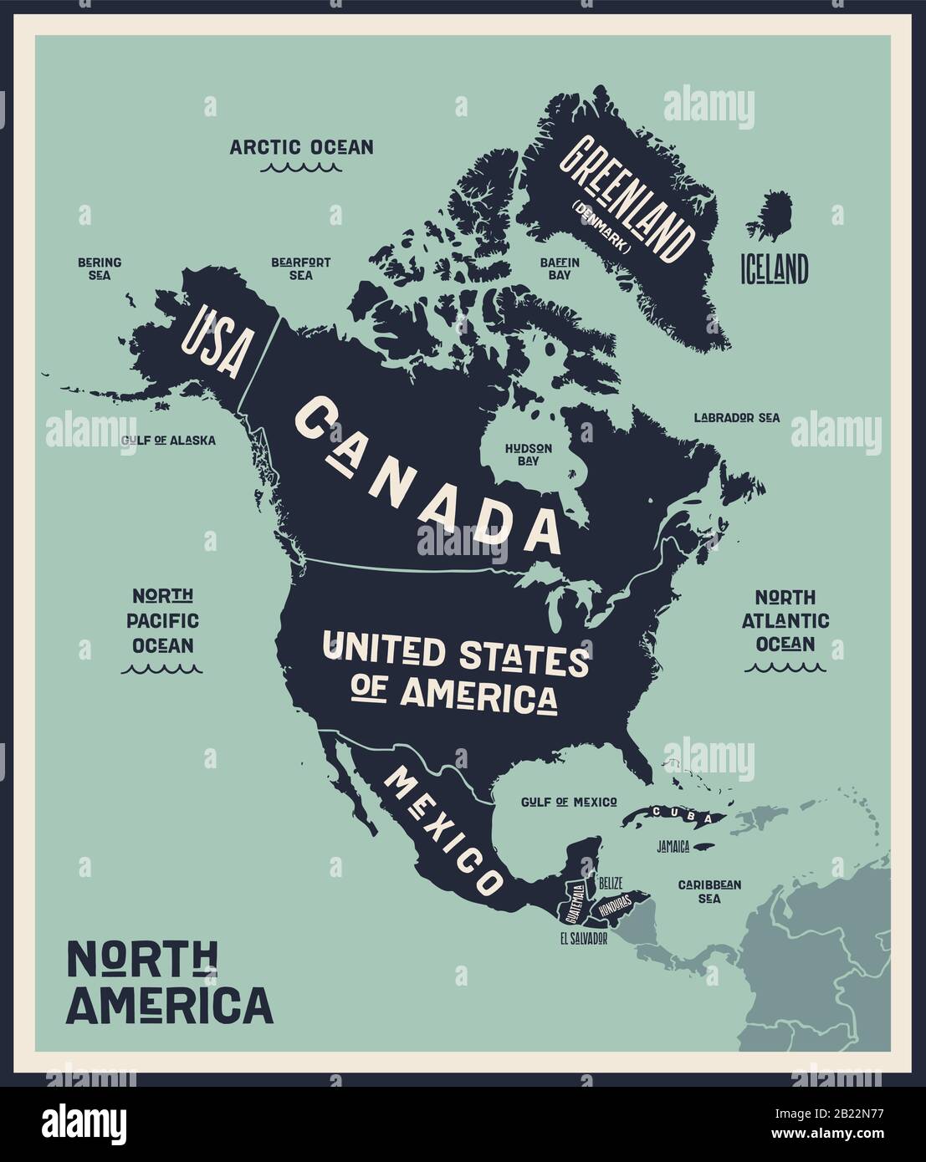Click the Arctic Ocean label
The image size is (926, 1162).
point(301,147)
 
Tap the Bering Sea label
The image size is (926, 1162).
point(100,268)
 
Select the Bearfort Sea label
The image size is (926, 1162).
point(300,268)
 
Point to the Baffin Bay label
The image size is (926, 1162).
point(560,268)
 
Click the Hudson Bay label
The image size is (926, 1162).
point(528,454)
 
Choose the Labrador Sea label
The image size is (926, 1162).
point(736,417)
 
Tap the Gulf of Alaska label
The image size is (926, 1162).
point(168,440)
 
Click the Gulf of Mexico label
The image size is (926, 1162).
point(569,802)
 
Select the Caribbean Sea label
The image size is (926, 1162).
point(709,891)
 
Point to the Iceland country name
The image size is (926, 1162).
point(774,269)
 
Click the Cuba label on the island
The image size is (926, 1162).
point(676,813)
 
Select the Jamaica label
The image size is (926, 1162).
point(673,847)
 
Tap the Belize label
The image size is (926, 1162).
point(610,882)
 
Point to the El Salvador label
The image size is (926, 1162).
point(583,939)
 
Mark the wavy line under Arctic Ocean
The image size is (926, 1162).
point(301,167)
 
